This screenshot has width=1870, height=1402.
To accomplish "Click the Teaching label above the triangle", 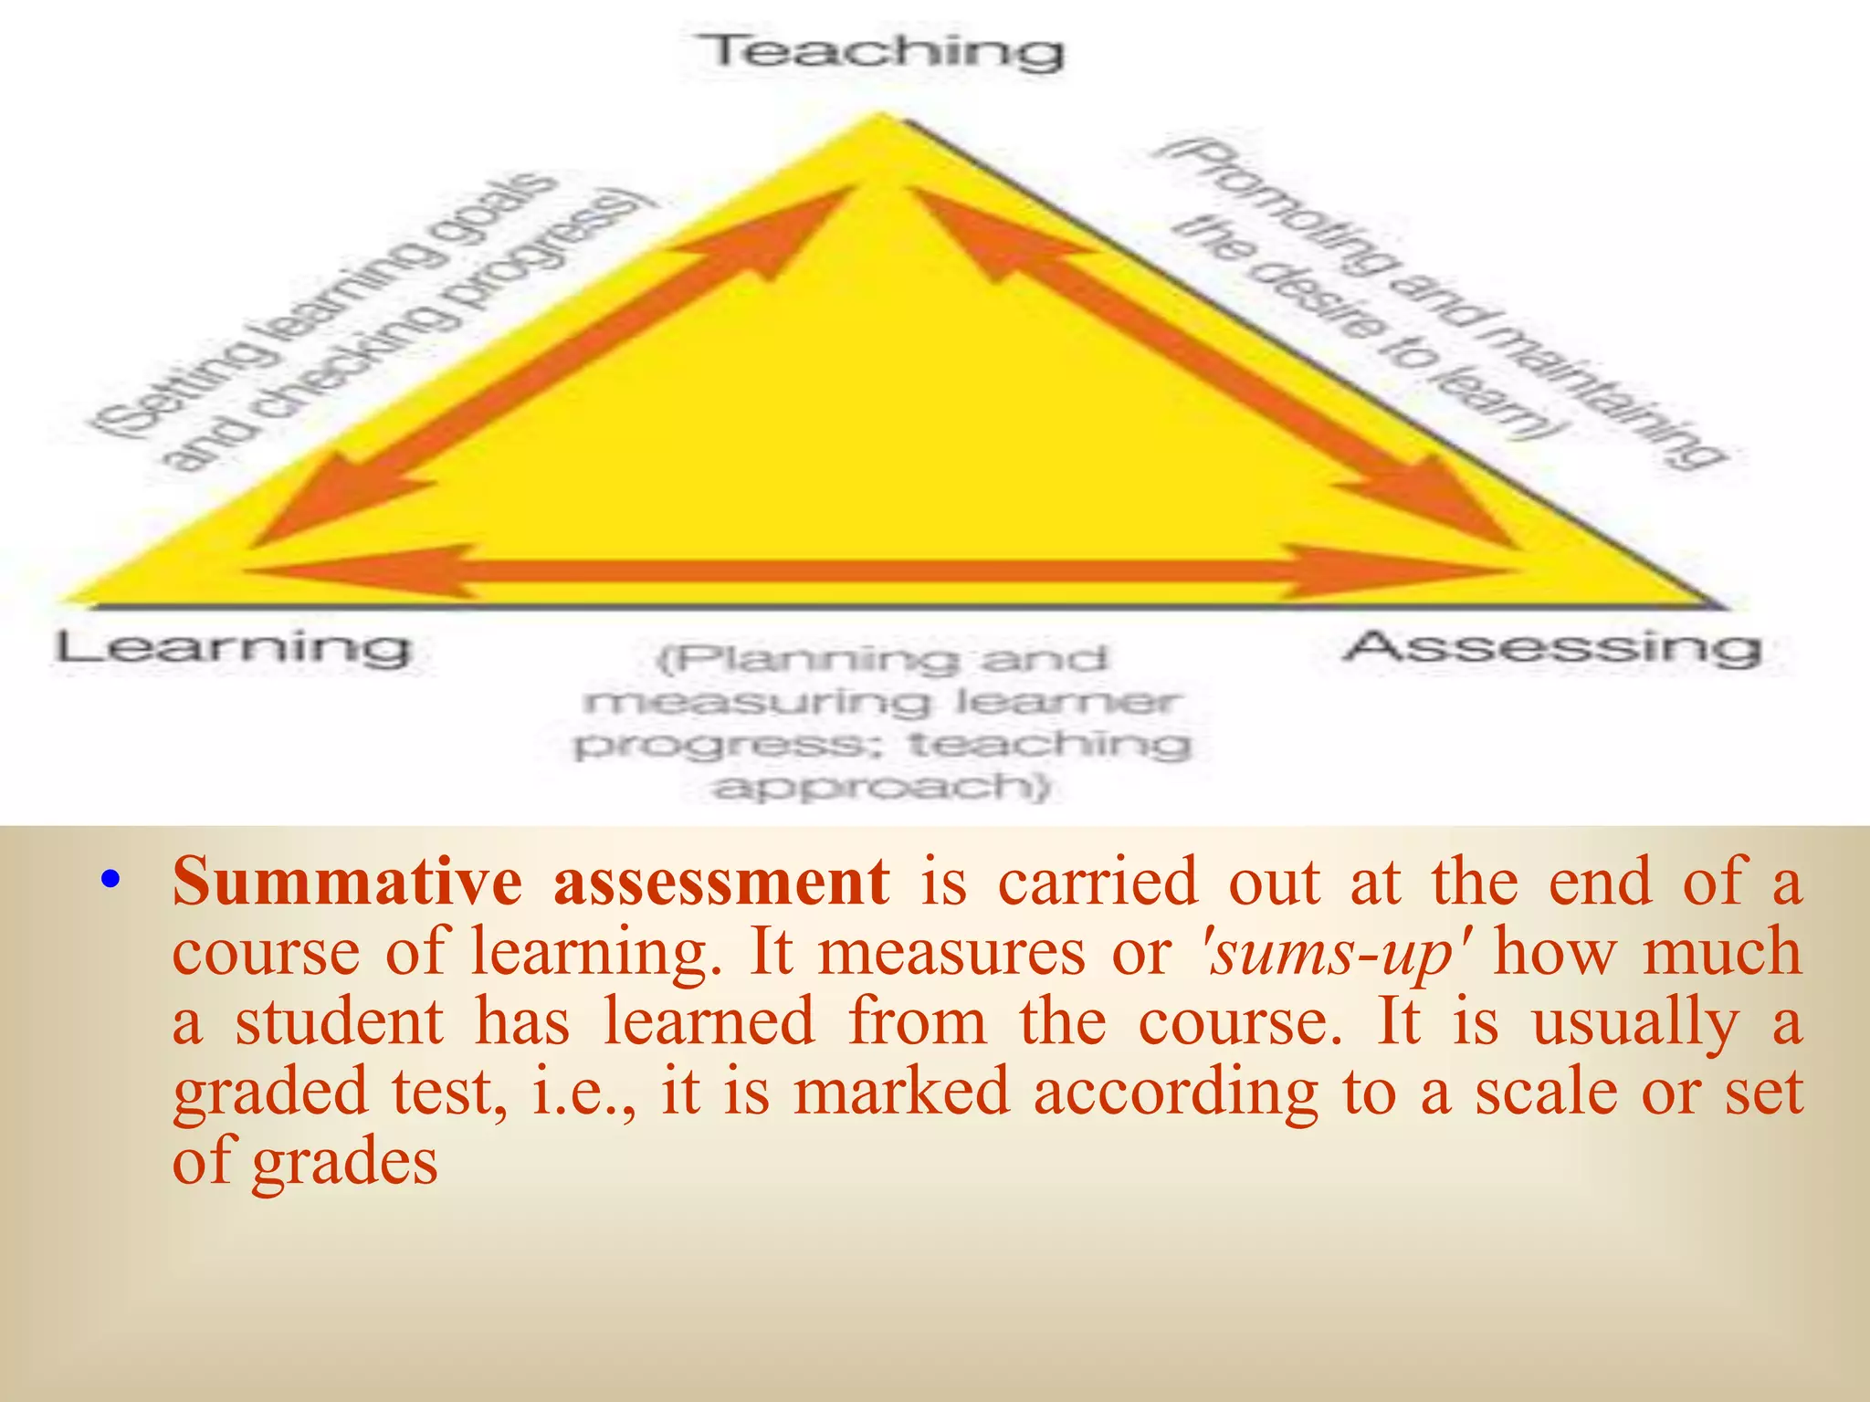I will tap(881, 51).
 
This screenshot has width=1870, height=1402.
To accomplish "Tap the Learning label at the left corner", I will tap(233, 648).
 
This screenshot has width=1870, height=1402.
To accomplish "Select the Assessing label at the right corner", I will tap(1551, 647).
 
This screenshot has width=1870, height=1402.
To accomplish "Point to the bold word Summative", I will tap(347, 882).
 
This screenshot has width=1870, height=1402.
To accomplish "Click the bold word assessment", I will tap(721, 882).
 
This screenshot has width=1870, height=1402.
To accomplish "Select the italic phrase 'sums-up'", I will tap(1334, 952).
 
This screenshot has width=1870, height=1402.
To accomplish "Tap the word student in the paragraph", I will tap(340, 1021).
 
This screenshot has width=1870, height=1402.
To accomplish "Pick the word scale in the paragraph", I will tap(1547, 1092).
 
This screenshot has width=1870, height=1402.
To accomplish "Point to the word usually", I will tap(1635, 1023).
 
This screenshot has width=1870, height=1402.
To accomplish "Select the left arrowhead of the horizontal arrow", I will tap(365, 572).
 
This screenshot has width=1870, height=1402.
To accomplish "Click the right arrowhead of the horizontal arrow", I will tap(1397, 572).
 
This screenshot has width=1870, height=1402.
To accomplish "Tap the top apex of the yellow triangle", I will tap(881, 117).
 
